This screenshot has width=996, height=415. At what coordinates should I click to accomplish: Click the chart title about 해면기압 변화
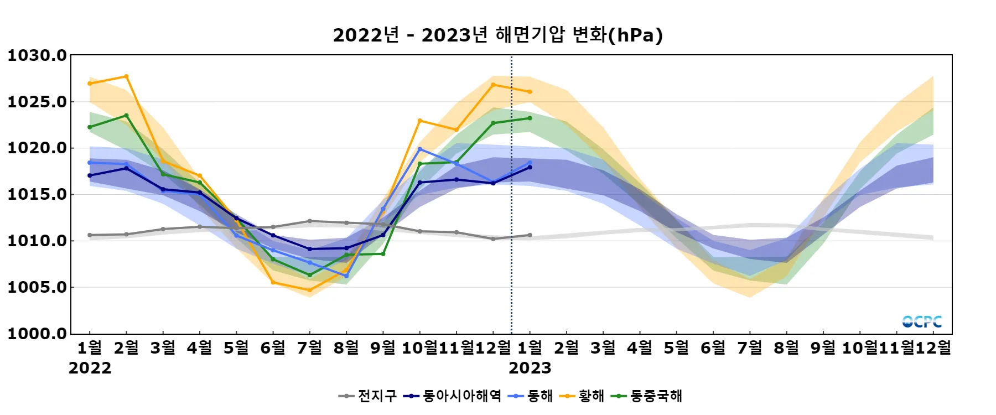point(497,35)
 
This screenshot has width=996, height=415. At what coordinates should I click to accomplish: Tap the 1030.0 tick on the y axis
point(37,55)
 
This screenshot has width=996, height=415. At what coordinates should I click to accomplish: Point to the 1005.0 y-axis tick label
point(37,287)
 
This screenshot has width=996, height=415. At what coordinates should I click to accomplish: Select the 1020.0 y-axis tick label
point(37,148)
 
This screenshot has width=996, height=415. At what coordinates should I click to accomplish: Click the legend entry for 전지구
point(368,396)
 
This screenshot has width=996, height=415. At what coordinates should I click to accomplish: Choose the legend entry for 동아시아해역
point(453,396)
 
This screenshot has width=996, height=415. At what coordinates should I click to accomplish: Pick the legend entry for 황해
point(582,396)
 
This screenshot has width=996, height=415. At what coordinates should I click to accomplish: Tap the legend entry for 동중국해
point(647,396)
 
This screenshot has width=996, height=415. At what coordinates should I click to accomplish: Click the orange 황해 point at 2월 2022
point(126,76)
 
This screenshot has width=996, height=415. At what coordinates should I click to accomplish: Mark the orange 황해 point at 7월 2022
point(309,290)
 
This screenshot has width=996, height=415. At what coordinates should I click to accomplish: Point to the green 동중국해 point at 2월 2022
point(126,116)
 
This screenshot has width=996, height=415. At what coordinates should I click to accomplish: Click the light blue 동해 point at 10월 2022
point(419,149)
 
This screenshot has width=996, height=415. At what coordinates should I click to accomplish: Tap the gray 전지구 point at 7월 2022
point(309,221)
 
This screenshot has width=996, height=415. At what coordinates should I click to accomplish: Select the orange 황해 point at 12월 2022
point(493,85)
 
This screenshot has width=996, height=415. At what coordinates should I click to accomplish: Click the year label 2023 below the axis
point(530,369)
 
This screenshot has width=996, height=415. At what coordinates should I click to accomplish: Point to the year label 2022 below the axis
point(90,369)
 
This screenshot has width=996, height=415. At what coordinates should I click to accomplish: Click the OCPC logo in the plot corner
point(922,321)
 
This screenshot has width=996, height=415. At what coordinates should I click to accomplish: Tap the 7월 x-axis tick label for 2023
point(750,348)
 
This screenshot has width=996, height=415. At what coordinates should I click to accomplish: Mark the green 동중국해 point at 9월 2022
point(383,253)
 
